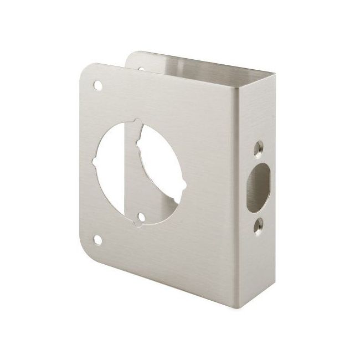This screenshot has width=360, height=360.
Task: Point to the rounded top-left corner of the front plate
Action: point(83,72)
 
